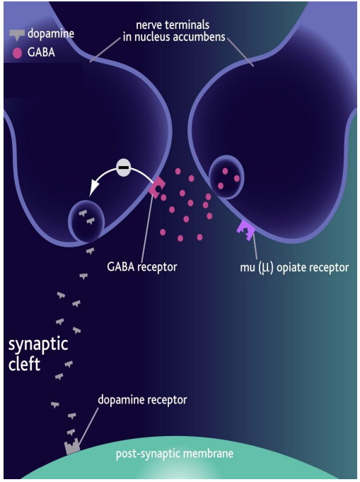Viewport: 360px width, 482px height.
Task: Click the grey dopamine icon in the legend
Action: tap(16, 34)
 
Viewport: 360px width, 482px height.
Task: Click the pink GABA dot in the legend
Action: tap(16, 52)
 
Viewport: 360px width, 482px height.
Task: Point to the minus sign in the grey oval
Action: tap(123, 168)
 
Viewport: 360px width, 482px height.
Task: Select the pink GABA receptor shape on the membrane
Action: tap(156, 187)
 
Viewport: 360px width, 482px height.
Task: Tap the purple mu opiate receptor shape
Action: tap(246, 230)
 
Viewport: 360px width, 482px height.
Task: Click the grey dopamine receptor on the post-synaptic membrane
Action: tap(72, 447)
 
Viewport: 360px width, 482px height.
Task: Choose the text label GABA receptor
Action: tap(141, 267)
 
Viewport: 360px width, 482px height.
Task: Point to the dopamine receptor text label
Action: tap(142, 400)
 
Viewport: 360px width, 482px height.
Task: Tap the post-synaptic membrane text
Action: tap(174, 453)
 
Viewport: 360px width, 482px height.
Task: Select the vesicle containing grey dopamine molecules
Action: tap(86, 221)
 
